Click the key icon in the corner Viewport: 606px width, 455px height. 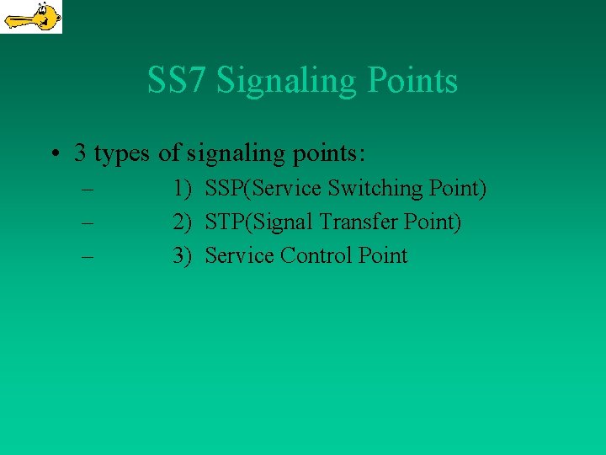(x=30, y=16)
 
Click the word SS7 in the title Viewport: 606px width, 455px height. (x=178, y=81)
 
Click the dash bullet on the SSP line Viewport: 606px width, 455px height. (x=87, y=189)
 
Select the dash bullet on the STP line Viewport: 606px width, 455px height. (x=87, y=222)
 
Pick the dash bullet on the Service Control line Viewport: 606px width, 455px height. (x=87, y=256)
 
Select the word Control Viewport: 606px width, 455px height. (x=318, y=256)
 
